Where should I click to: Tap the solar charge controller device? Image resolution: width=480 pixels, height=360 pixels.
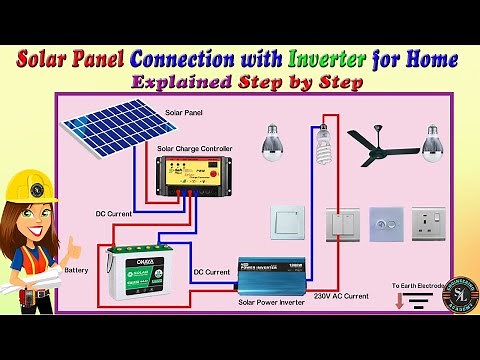coord(195,180)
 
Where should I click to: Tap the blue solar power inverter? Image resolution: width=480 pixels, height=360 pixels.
coord(273,273)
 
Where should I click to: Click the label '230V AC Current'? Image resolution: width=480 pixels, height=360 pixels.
coord(340,296)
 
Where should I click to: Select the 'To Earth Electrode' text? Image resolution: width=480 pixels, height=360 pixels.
coord(418,286)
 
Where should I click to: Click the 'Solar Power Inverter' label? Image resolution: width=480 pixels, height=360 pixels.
coord(271,301)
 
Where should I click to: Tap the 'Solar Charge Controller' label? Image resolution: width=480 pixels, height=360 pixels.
coord(195,149)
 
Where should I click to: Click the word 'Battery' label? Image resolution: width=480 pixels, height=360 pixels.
coord(76,270)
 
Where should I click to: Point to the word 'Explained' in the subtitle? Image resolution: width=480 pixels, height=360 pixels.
coord(173,83)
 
